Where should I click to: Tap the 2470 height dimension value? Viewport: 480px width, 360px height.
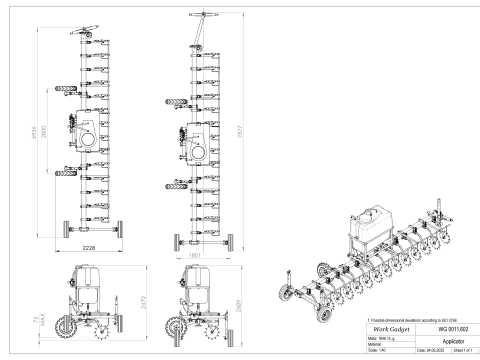[x=149, y=299]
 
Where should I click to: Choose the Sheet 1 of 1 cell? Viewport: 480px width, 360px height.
[x=457, y=352]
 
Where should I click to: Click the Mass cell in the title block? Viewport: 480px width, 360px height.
[x=378, y=337]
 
